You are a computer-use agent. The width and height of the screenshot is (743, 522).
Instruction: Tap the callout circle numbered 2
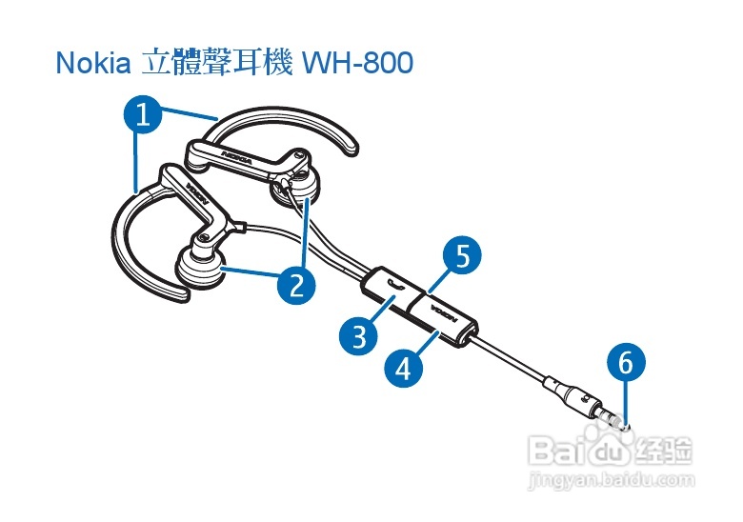point(296,285)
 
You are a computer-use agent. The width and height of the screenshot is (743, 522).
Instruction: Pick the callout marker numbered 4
point(403,367)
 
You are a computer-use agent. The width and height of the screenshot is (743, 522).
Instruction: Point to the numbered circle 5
point(462,256)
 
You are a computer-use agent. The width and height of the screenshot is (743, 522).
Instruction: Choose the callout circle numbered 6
point(625,362)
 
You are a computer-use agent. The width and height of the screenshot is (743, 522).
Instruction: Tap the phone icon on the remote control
point(396,283)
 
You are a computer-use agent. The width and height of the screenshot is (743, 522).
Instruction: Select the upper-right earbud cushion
point(299,191)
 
